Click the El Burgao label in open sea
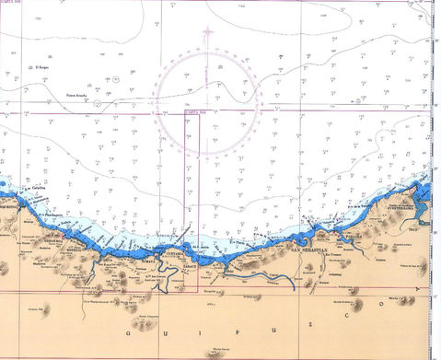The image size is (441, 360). click(40, 67)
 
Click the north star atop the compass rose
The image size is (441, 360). click(207, 32)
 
